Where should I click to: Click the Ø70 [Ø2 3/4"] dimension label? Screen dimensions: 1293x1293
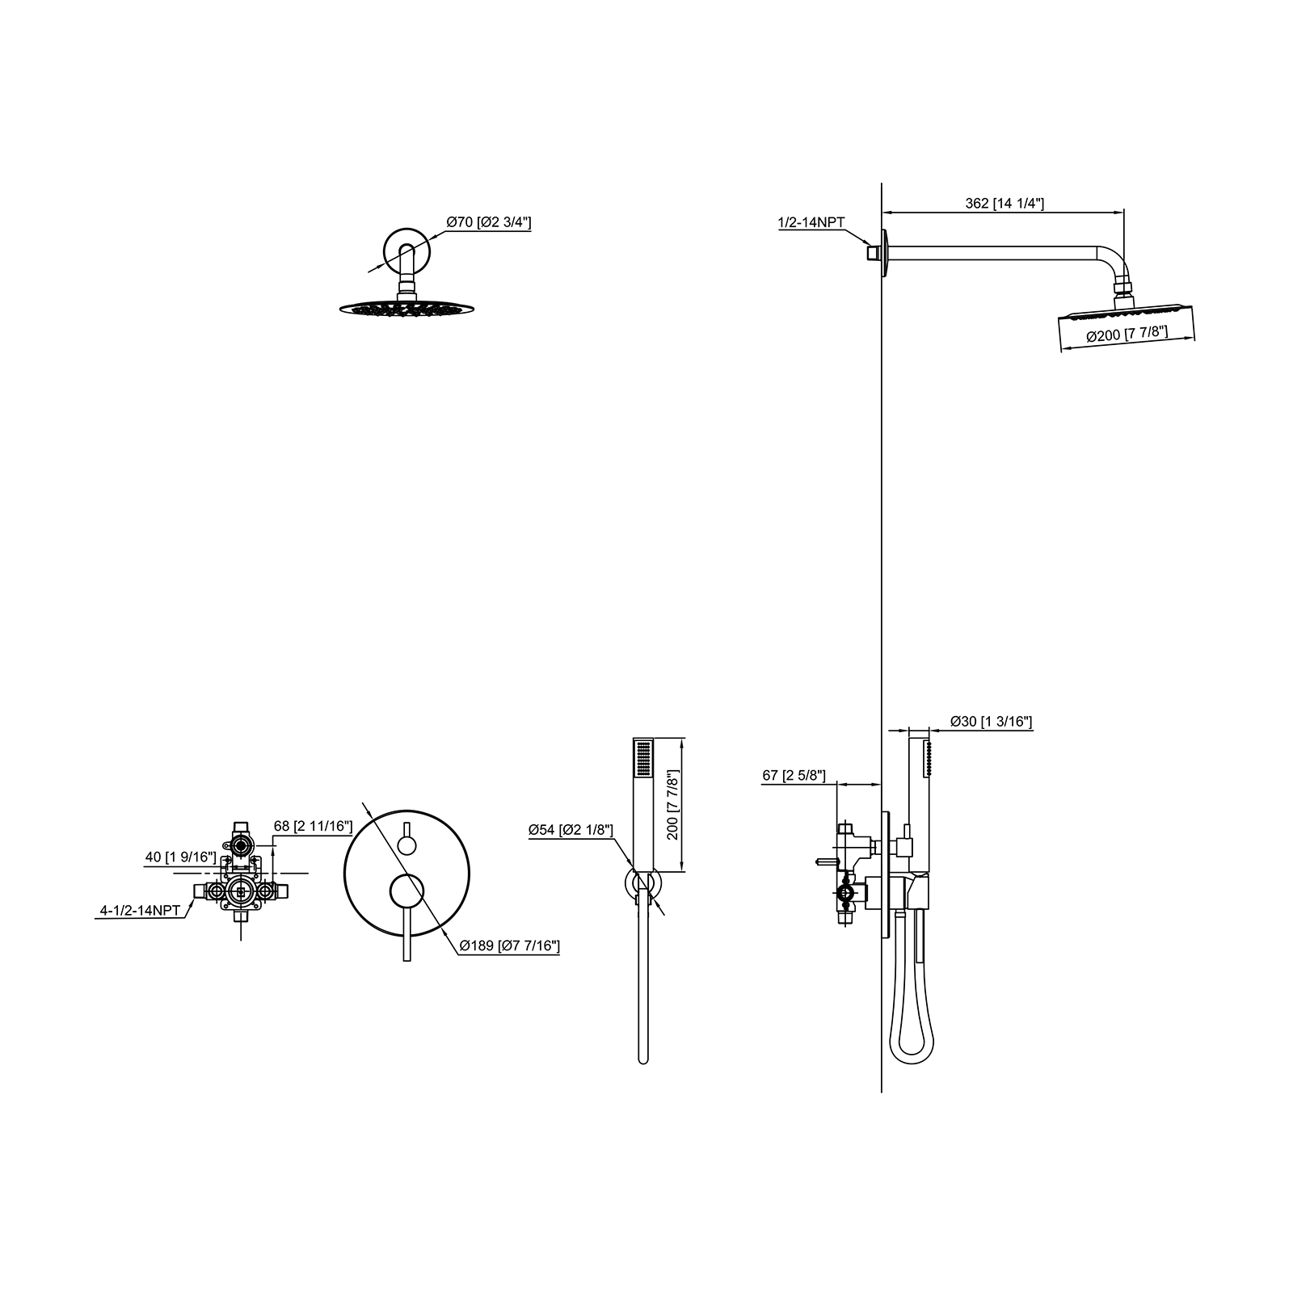click(488, 222)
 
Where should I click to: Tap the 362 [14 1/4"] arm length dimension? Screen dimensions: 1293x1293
click(1004, 204)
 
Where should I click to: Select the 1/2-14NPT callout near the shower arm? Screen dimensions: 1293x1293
click(812, 222)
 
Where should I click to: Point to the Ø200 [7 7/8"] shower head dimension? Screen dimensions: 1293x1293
click(1127, 336)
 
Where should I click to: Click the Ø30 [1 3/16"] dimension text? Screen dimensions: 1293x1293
click(991, 721)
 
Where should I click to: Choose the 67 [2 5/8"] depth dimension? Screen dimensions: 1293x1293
click(794, 776)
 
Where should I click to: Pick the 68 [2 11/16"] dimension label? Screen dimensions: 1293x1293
click(313, 826)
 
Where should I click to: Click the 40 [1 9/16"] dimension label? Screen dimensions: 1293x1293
click(180, 857)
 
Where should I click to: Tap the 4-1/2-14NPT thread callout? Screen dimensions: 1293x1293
click(140, 911)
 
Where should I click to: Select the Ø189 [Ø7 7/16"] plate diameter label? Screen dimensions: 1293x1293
click(509, 946)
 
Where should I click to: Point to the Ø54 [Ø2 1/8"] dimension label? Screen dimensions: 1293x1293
click(571, 830)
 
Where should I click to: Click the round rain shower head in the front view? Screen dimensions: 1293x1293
click(406, 308)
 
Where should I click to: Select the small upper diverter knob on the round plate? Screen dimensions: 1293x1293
click(406, 845)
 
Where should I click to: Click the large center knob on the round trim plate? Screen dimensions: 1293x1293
click(406, 891)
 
